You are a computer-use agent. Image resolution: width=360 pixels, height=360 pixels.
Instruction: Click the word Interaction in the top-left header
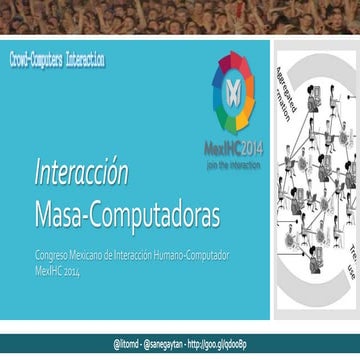click(x=81, y=61)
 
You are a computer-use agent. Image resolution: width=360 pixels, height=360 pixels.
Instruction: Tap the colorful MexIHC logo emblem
click(x=233, y=92)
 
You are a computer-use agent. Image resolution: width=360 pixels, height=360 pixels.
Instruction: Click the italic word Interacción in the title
click(x=81, y=173)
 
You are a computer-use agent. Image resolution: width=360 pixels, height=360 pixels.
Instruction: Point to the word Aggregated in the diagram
click(x=283, y=85)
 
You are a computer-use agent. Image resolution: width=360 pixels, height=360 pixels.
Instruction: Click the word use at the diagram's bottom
click(x=351, y=270)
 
